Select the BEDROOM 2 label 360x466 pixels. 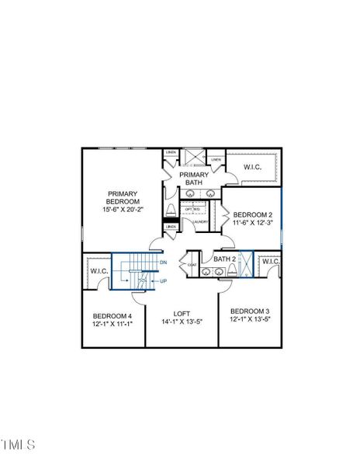click(x=252, y=214)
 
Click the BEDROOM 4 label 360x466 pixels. click(x=112, y=315)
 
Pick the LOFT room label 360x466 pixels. click(x=182, y=315)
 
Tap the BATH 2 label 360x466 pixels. click(x=224, y=259)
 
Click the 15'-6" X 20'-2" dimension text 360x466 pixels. click(x=123, y=209)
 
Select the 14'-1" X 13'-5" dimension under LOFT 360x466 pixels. click(x=182, y=322)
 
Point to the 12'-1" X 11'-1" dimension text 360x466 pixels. click(x=112, y=323)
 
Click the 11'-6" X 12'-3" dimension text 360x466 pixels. click(x=252, y=222)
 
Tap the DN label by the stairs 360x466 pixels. click(x=163, y=263)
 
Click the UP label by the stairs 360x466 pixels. click(x=163, y=280)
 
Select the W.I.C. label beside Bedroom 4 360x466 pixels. click(x=99, y=271)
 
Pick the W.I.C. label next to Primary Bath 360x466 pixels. click(x=253, y=167)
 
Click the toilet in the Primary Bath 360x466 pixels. click(x=171, y=210)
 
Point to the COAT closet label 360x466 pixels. click(x=192, y=265)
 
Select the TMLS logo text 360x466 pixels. click(x=18, y=445)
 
